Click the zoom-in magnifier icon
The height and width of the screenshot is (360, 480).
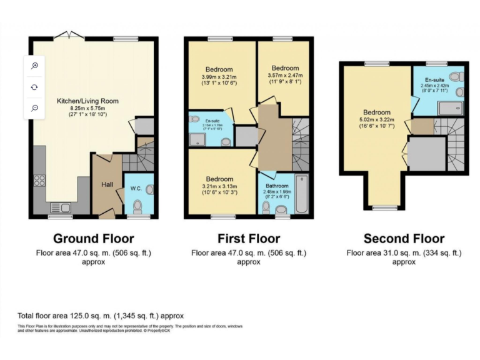tap(35, 66)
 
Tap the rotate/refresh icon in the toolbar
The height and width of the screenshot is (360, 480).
tap(35, 87)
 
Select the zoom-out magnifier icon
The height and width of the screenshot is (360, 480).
tap(35, 108)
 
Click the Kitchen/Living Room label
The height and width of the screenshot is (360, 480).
tap(87, 101)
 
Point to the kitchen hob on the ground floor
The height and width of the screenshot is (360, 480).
tap(39, 181)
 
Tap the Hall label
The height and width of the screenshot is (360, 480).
tap(106, 184)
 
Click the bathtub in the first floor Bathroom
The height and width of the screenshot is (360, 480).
tap(302, 194)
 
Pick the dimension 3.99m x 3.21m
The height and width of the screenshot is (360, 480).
tap(219, 76)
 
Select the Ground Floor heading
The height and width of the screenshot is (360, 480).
tap(93, 238)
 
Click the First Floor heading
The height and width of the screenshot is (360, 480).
tap(249, 238)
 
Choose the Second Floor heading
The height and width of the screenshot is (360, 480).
tap(404, 238)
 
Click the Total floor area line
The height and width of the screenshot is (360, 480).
tap(101, 316)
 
